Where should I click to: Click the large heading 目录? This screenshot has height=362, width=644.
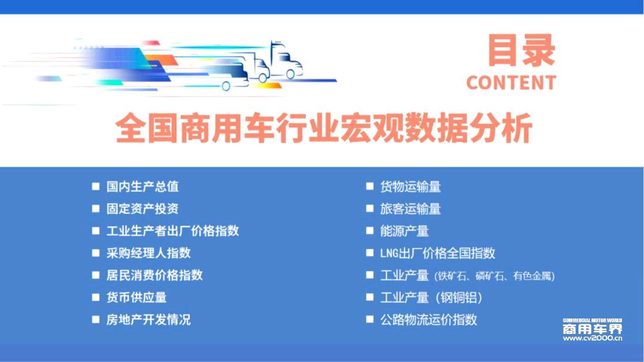click(x=521, y=51)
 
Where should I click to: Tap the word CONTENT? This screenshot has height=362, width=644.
click(x=512, y=82)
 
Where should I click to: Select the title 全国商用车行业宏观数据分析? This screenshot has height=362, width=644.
click(x=324, y=128)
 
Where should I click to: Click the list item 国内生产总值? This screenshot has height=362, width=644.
click(x=143, y=187)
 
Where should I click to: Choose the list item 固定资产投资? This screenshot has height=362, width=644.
click(x=143, y=209)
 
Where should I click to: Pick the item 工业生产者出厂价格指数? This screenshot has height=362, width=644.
click(x=172, y=231)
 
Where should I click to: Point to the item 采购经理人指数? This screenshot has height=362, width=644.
click(x=148, y=253)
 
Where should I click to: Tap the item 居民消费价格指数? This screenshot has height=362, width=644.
click(x=154, y=276)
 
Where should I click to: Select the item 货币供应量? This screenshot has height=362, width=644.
click(x=137, y=298)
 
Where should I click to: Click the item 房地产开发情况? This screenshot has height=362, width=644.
click(x=148, y=320)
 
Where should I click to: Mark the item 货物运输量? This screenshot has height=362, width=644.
click(x=410, y=187)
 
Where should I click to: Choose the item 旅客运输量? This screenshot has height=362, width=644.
click(x=410, y=209)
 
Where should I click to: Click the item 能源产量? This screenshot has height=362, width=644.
click(x=404, y=231)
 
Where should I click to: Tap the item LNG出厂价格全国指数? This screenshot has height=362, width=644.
click(x=438, y=253)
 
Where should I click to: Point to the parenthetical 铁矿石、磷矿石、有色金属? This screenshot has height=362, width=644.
click(x=494, y=276)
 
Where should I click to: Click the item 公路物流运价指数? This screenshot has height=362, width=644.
click(x=428, y=320)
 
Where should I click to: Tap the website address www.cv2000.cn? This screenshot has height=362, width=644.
click(x=592, y=339)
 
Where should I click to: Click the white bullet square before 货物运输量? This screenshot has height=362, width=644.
click(x=370, y=187)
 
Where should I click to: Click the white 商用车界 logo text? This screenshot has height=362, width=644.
click(x=592, y=329)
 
